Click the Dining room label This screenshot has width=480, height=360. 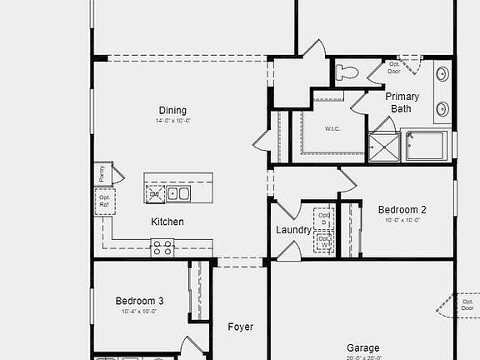(x=172, y=111)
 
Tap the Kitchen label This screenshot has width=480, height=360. (x=167, y=222)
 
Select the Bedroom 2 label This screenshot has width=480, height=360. (x=402, y=210)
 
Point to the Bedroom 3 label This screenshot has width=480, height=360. (x=139, y=301)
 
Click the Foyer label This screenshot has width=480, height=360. (x=241, y=327)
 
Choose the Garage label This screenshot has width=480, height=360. (x=362, y=347)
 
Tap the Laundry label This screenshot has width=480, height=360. (x=293, y=230)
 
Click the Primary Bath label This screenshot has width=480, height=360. (x=402, y=102)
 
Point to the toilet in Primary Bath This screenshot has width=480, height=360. (x=346, y=72)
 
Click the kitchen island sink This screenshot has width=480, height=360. (x=177, y=194)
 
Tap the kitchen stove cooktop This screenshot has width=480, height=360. (x=162, y=247)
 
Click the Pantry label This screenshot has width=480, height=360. (x=102, y=173)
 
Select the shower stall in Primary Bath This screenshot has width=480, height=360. (x=384, y=147)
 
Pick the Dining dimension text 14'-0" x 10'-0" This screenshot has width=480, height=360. (x=172, y=122)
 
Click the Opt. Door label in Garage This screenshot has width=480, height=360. (x=467, y=305)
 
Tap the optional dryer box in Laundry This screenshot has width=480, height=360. (x=324, y=218)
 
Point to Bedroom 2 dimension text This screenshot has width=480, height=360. (x=402, y=220)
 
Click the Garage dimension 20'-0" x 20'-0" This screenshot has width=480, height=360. (x=362, y=357)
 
